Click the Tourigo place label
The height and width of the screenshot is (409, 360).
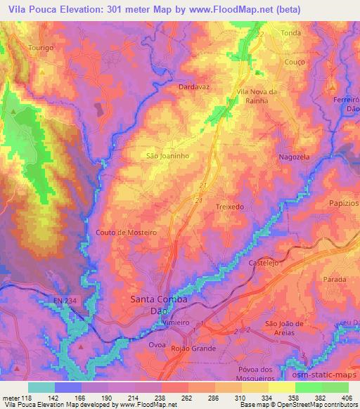[x=22, y=47]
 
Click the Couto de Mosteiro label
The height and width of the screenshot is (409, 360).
[x=125, y=232]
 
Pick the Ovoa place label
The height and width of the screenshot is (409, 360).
[x=138, y=344]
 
